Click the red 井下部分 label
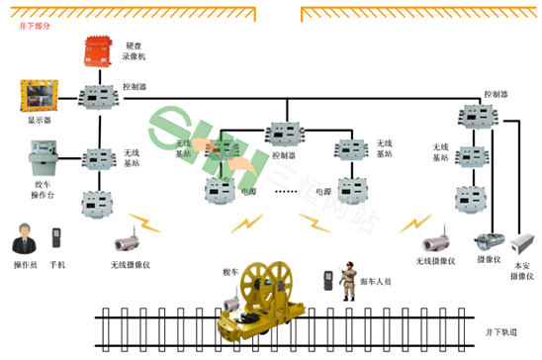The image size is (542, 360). pos(35,27)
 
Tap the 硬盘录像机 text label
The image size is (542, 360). pos(137,51)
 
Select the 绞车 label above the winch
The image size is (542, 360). pos(231,271)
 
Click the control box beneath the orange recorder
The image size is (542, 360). pos(98,96)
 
